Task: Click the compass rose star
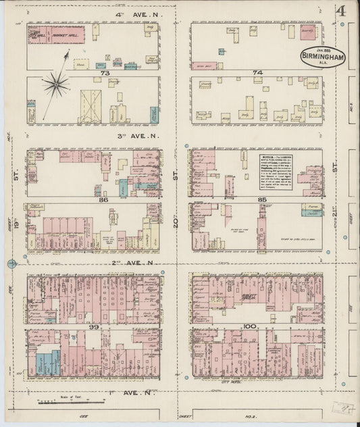55,84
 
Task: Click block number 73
105,72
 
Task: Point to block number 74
257,72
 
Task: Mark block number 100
251,326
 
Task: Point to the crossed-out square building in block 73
91,106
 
